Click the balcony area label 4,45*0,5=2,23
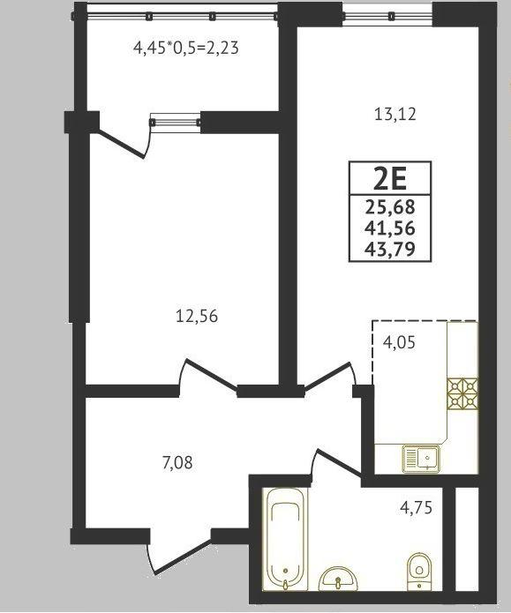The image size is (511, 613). click(186, 49)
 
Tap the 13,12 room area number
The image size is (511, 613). click(395, 115)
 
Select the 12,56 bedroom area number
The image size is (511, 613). click(197, 316)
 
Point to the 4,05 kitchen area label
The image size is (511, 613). click(399, 342)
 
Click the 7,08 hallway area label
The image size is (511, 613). click(177, 463)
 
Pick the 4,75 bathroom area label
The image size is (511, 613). click(416, 507)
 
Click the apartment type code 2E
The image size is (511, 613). click(390, 179)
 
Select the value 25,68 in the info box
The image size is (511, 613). click(390, 206)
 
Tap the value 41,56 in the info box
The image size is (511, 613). click(390, 228)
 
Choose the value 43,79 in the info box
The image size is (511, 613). click(390, 248)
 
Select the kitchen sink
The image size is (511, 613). click(421, 459)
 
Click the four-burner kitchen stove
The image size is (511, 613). click(462, 393)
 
